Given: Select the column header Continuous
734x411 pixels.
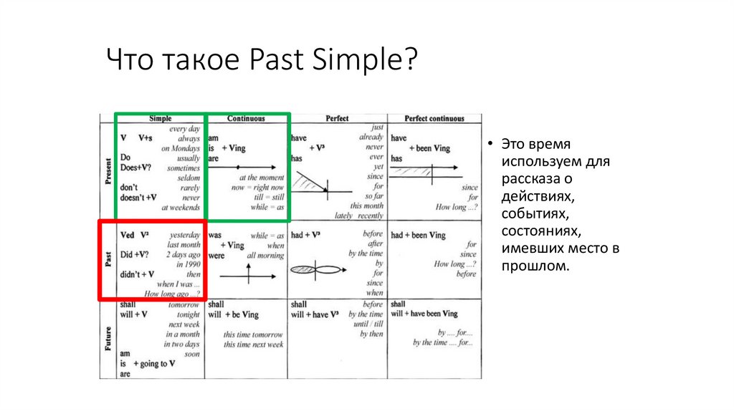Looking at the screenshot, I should tap(246, 118).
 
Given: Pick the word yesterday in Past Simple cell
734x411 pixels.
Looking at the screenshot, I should tap(185, 235).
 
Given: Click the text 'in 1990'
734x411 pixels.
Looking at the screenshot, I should tap(187, 264).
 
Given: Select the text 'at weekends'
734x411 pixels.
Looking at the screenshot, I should tap(181, 208).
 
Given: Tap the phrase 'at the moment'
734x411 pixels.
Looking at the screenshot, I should tap(262, 178).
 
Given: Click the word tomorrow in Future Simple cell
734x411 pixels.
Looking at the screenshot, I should tap(184, 304).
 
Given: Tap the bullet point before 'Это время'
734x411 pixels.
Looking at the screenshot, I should tap(489, 144).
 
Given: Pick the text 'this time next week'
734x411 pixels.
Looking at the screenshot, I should tap(252, 344).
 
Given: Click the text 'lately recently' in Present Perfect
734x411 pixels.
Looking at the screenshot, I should tap(360, 216).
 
